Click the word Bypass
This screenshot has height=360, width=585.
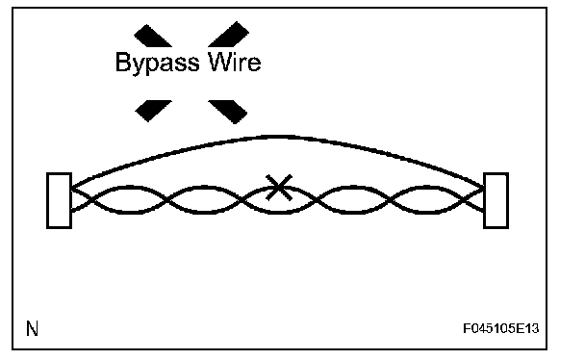coord(158,63)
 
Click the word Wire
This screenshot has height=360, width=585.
coord(235,62)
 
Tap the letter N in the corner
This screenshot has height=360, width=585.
coord(32,328)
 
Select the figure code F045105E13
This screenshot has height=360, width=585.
coord(500,328)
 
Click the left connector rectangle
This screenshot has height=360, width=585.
coord(59,200)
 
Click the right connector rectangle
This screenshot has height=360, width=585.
coord(496,200)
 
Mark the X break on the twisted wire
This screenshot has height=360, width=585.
coord(279,188)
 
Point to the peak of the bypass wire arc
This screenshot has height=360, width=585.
coord(278,137)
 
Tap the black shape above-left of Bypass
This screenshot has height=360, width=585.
coord(153,37)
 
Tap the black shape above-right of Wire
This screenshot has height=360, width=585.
coord(229,35)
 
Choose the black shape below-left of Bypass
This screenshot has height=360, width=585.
coord(153,111)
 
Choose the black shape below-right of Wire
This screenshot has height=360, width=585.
coord(228,111)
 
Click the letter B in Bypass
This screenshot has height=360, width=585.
coord(123,62)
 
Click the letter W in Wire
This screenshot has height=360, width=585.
coord(221,62)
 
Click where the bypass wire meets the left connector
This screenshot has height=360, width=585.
coord(72,187)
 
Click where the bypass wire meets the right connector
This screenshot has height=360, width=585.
coord(484,187)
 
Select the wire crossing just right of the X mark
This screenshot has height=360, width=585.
coord(317,200)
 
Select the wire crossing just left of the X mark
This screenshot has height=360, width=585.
coord(243,200)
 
